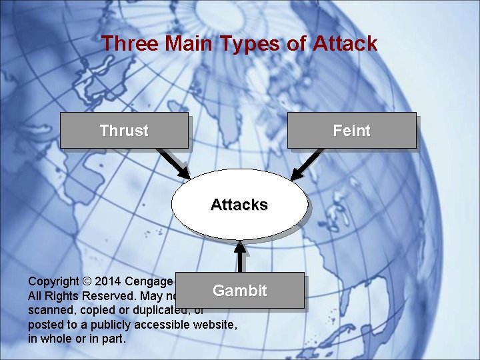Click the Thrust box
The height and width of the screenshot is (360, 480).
coord(124,131)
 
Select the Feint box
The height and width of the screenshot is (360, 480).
coord(351,131)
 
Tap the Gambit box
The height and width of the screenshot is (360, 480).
coord(240,291)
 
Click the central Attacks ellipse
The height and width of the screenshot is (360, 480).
coord(239,205)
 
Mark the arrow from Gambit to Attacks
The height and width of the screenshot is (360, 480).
coord(241,257)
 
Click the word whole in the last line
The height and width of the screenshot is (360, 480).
coord(57,339)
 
